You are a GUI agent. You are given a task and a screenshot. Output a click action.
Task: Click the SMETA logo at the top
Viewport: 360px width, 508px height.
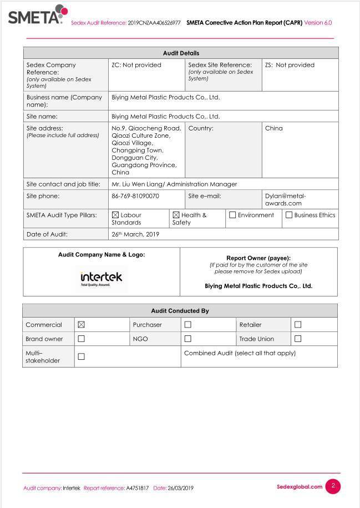click(x=38, y=15)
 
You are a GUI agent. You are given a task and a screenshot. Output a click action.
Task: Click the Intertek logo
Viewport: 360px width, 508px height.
click(x=101, y=277)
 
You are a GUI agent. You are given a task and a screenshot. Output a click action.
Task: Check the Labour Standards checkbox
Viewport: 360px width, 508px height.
click(x=115, y=215)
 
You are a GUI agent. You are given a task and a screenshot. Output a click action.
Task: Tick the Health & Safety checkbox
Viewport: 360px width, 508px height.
click(x=176, y=215)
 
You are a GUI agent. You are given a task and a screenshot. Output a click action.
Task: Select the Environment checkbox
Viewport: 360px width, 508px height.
click(x=232, y=215)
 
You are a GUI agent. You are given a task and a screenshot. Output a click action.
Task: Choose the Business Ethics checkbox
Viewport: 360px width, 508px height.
click(x=289, y=215)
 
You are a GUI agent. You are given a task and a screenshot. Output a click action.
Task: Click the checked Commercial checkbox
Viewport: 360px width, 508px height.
click(x=82, y=325)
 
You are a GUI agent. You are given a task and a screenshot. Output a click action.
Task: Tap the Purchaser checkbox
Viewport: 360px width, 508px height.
click(x=187, y=325)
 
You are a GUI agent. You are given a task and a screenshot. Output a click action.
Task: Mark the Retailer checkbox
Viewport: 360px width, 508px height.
click(x=298, y=325)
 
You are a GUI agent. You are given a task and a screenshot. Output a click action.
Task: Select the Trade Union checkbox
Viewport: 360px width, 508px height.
click(x=298, y=339)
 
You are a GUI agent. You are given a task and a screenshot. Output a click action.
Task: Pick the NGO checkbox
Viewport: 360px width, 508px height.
click(x=187, y=339)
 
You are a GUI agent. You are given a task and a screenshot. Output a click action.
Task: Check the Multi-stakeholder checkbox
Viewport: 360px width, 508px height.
click(x=82, y=356)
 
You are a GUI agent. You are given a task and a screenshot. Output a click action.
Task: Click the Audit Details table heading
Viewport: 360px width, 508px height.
click(x=181, y=53)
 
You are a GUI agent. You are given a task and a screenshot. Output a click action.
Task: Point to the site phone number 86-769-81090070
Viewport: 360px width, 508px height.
click(x=135, y=196)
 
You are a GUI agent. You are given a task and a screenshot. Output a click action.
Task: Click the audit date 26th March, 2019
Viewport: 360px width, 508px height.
click(x=135, y=234)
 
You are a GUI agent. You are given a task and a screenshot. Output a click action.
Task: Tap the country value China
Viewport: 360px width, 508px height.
click(x=274, y=128)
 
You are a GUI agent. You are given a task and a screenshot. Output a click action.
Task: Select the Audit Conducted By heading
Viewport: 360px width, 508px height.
click(x=180, y=311)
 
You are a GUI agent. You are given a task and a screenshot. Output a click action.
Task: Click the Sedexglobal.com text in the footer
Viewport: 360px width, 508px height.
click(x=300, y=487)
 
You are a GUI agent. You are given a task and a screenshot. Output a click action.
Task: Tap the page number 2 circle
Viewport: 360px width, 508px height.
click(x=333, y=486)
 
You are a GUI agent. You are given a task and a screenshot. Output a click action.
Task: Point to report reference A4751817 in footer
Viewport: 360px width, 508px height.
click(x=138, y=488)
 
